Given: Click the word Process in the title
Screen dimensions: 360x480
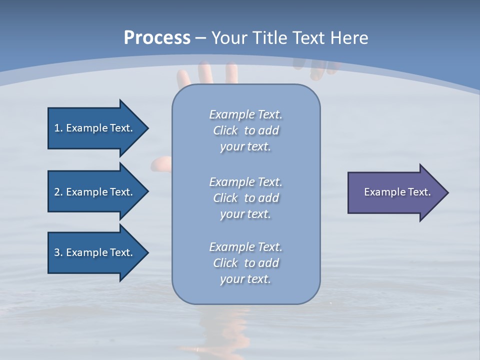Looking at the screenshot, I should [x=157, y=37].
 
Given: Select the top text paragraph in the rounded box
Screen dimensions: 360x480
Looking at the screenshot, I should [x=245, y=130].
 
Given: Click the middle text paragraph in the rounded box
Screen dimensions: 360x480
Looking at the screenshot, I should [x=245, y=198].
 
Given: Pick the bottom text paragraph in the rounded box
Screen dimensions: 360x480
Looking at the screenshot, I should [x=245, y=263].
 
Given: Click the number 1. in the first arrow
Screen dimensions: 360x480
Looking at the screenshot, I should [x=58, y=128].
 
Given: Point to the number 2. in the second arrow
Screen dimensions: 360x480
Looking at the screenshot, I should [x=58, y=192].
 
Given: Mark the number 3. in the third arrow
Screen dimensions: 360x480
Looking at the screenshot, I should [x=58, y=252].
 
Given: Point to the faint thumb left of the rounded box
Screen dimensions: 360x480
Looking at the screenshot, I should [x=162, y=163].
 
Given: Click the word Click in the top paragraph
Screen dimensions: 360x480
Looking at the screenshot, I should [x=225, y=130].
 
